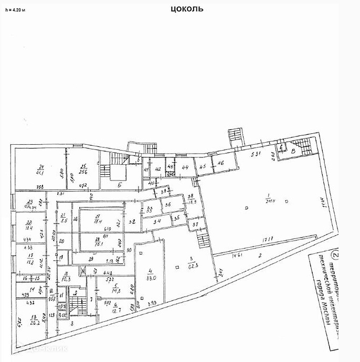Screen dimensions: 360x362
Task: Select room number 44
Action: click(185, 167)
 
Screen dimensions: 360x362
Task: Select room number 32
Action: click(133, 222)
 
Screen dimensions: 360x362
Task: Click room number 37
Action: click(196, 225)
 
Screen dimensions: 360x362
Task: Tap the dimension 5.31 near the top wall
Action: click(256, 154)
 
